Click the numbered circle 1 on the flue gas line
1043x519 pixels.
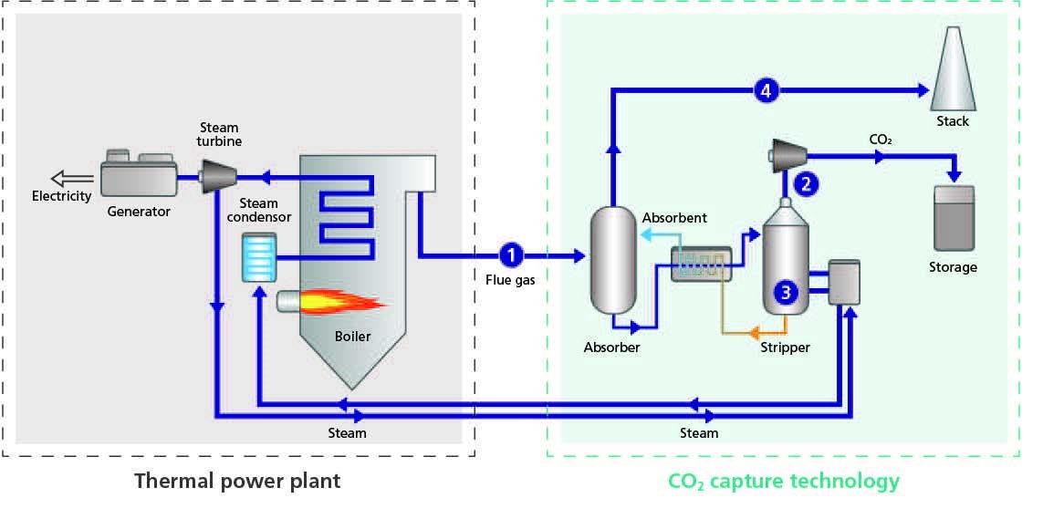(x=513, y=256)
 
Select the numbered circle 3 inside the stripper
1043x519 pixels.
(x=786, y=292)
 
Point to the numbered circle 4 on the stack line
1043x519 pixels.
(x=767, y=90)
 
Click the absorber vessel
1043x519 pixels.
(x=612, y=261)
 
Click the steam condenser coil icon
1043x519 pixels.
(x=259, y=257)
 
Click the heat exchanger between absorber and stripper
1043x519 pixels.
(x=699, y=265)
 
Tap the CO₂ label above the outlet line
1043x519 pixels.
(x=881, y=140)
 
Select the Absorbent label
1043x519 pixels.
(x=674, y=219)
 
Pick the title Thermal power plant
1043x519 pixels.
(x=237, y=481)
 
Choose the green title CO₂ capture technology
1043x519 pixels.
(x=784, y=481)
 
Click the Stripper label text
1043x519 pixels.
(x=786, y=348)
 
